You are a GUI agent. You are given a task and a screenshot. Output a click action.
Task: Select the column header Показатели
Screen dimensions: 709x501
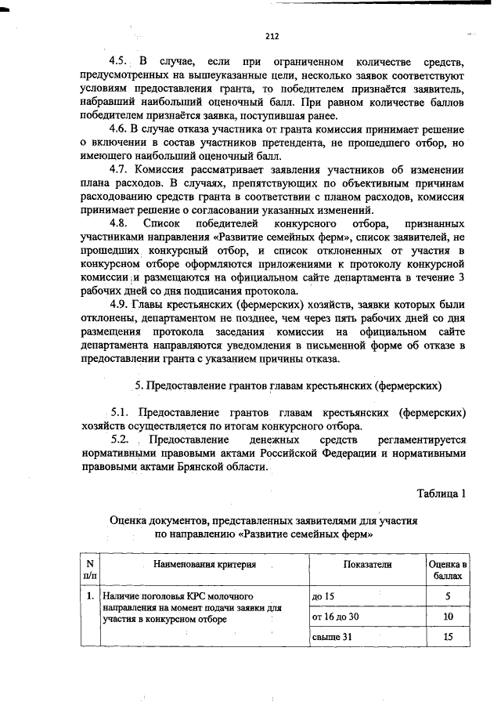click(x=367, y=563)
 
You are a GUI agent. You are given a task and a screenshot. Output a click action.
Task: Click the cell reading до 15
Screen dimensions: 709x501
click(x=323, y=597)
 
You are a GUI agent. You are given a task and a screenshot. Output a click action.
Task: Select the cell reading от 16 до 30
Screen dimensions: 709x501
click(x=335, y=617)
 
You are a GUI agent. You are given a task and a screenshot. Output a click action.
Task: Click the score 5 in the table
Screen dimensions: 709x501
click(x=448, y=597)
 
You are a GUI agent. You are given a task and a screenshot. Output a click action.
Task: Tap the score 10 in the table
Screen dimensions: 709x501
click(x=448, y=617)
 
